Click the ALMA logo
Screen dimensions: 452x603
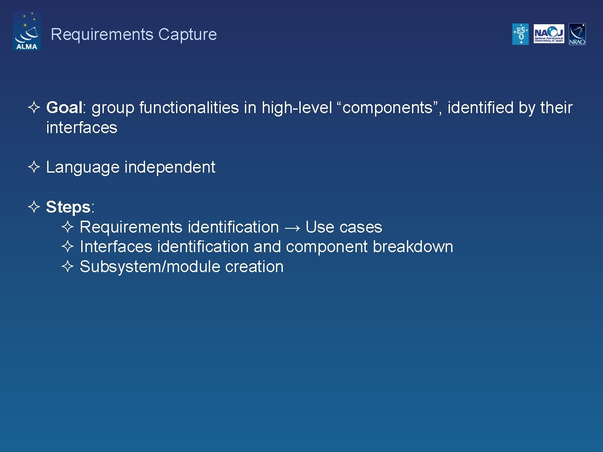click(x=27, y=31)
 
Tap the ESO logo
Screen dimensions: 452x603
click(x=520, y=34)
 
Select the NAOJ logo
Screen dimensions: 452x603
click(x=549, y=34)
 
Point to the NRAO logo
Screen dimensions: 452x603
click(x=577, y=34)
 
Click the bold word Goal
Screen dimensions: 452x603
click(x=64, y=108)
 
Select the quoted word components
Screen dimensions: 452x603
click(x=387, y=108)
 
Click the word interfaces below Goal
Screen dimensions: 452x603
click(x=82, y=128)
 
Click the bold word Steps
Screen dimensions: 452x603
click(x=68, y=207)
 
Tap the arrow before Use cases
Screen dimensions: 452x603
click(x=292, y=228)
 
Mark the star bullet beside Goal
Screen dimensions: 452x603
click(x=34, y=107)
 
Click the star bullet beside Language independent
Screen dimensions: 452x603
click(x=34, y=167)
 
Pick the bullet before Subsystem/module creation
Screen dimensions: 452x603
click(x=68, y=267)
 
